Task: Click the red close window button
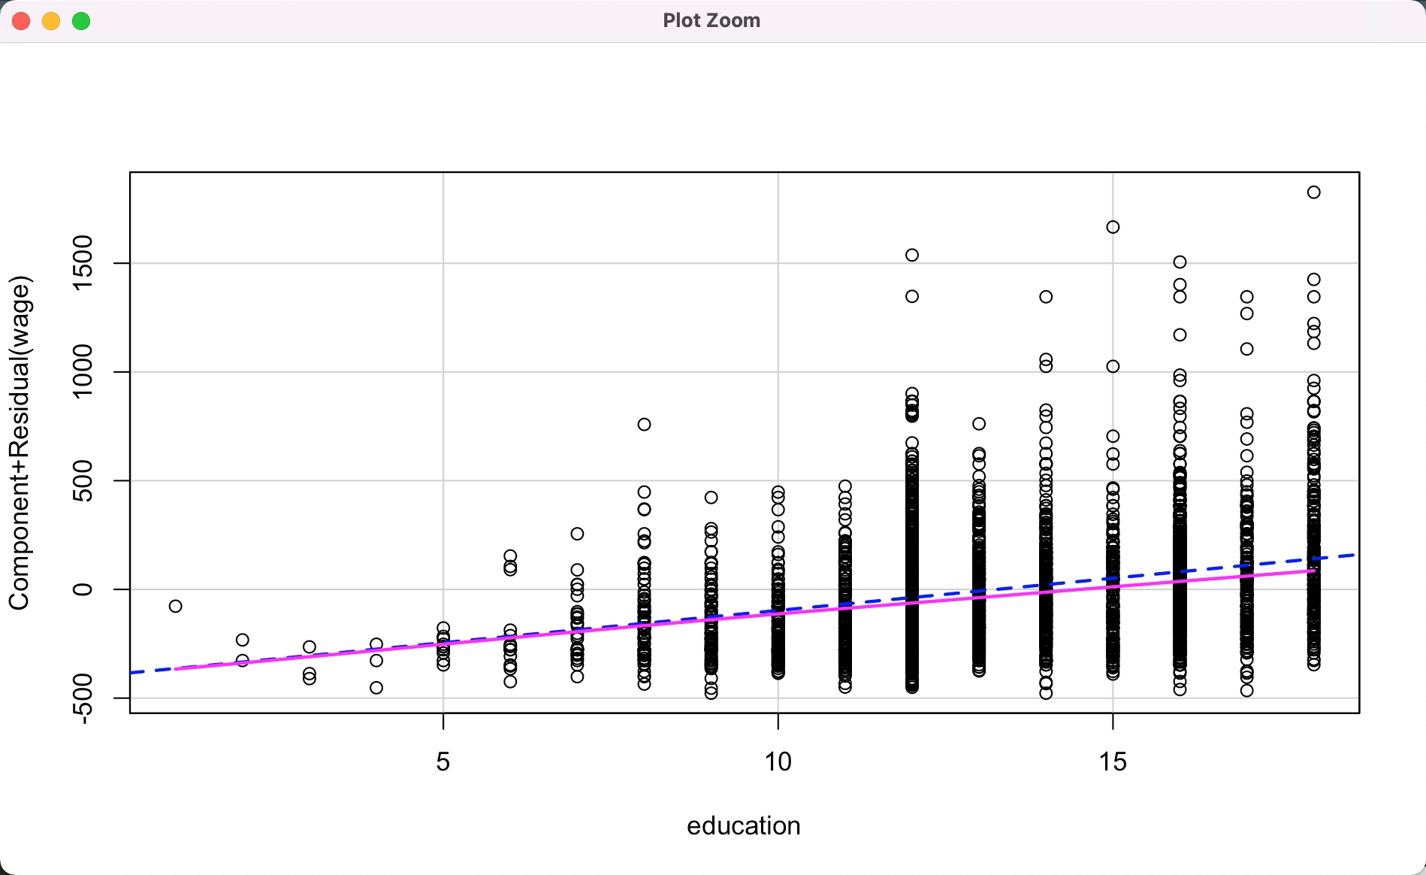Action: click(21, 21)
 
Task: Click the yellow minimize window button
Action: click(51, 21)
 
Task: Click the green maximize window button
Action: click(81, 21)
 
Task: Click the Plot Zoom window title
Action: click(711, 20)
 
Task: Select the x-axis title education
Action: click(743, 825)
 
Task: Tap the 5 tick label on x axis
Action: click(443, 762)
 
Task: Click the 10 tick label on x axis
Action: click(778, 762)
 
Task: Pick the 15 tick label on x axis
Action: click(1113, 762)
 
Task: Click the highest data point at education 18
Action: click(1313, 192)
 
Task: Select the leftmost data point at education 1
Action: click(176, 606)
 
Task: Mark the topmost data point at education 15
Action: click(1113, 227)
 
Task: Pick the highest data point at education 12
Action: click(912, 255)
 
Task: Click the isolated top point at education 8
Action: click(644, 425)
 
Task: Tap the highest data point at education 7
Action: click(577, 534)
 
